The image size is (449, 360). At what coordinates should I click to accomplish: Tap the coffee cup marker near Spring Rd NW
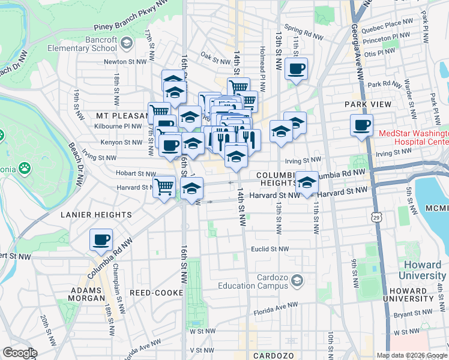pos(296,69)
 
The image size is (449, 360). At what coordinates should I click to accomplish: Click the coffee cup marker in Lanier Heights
pos(101,240)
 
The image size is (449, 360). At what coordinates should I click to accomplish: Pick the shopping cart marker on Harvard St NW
pos(164,186)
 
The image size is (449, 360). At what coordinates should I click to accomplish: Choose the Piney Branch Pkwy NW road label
pos(131,25)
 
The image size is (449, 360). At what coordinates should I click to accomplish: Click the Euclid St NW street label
pos(270,249)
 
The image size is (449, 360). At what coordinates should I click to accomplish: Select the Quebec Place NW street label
pos(390,23)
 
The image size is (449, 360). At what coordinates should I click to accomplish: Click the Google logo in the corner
pos(20,353)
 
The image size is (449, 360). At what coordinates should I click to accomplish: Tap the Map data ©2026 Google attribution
pos(412,355)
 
